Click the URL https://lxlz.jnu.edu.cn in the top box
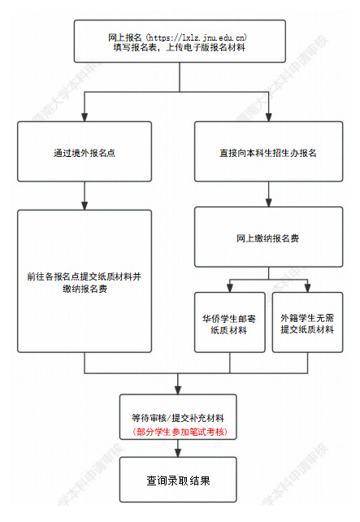[201, 37]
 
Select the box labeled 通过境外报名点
[85, 152]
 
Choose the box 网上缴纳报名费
[256, 239]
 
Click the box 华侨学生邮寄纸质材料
[229, 323]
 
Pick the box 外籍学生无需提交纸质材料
[306, 323]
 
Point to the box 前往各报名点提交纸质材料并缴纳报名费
[85, 281]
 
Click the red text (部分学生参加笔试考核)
[177, 430]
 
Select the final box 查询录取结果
[177, 480]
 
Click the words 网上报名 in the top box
[124, 37]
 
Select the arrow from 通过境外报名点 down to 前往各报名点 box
[85, 196]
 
